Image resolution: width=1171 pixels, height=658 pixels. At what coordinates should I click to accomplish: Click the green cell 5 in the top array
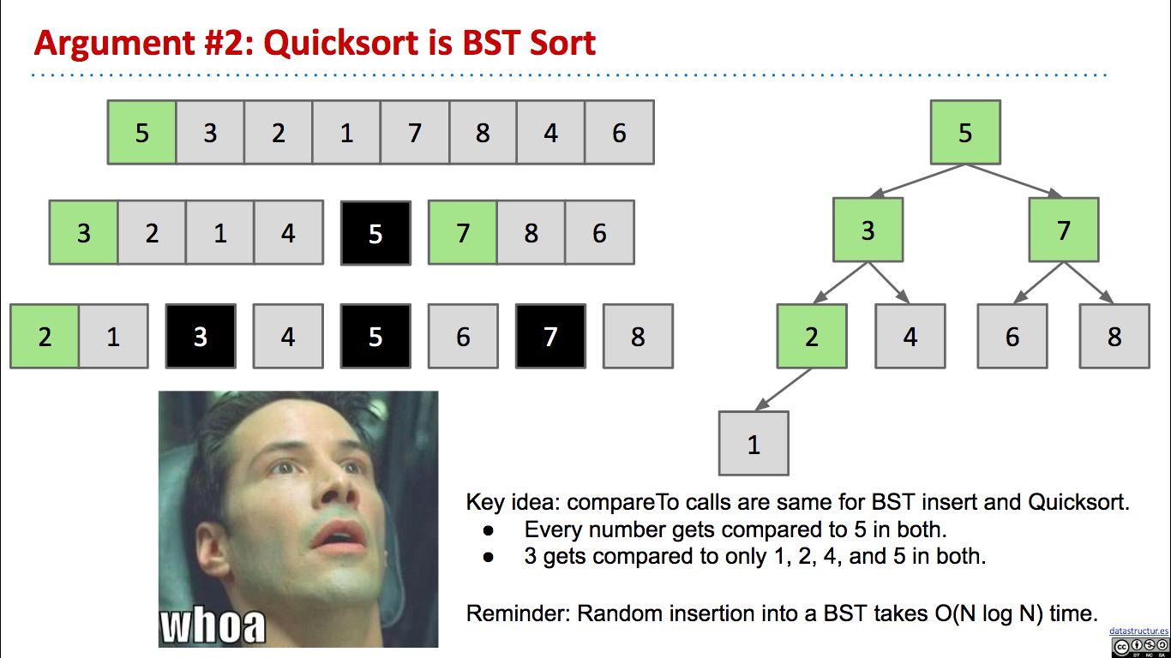pyautogui.click(x=141, y=133)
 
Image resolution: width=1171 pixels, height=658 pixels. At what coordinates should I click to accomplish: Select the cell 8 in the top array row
pyautogui.click(x=483, y=133)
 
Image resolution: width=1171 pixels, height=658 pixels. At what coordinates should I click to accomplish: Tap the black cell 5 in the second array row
pyautogui.click(x=375, y=232)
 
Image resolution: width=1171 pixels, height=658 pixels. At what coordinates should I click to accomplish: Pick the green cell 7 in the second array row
pyautogui.click(x=463, y=232)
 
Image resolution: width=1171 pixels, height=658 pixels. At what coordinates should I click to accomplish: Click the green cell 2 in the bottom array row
pyautogui.click(x=45, y=336)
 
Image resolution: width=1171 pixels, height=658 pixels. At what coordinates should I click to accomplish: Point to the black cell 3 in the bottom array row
pyautogui.click(x=201, y=336)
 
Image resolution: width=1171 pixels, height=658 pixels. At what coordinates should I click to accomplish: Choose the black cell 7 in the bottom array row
pyautogui.click(x=550, y=336)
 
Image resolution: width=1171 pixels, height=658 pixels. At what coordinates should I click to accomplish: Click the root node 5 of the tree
pyautogui.click(x=965, y=132)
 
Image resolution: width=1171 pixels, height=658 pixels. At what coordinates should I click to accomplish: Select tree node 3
pyautogui.click(x=868, y=230)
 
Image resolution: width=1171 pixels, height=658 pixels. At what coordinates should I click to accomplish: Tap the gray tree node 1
pyautogui.click(x=754, y=443)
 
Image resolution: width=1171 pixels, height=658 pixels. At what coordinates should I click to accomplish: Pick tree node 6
pyautogui.click(x=1012, y=336)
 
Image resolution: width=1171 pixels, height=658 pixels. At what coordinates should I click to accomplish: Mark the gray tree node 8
pyautogui.click(x=1114, y=336)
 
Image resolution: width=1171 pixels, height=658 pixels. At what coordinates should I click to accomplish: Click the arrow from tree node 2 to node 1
pyautogui.click(x=784, y=389)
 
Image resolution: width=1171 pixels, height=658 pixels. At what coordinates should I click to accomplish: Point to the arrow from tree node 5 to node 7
pyautogui.click(x=1013, y=181)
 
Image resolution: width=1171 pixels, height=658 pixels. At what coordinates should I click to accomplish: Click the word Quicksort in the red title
pyautogui.click(x=341, y=43)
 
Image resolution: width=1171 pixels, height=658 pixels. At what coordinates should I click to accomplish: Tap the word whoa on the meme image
pyautogui.click(x=213, y=625)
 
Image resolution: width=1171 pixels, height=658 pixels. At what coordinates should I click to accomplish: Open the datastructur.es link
pyautogui.click(x=1138, y=631)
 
